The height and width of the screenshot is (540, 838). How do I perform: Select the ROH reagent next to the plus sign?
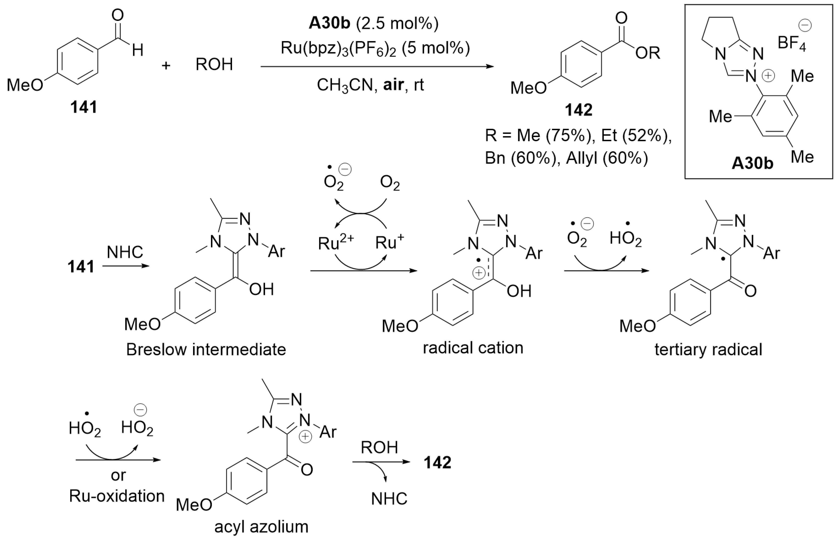tap(214, 64)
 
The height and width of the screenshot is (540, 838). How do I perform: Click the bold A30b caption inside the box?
tap(752, 163)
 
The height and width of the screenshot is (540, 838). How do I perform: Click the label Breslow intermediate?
tap(206, 350)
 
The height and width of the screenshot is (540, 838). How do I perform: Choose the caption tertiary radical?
tap(708, 350)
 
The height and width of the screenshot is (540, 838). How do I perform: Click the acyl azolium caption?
tap(261, 527)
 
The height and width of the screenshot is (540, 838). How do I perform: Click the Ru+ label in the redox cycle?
tap(389, 242)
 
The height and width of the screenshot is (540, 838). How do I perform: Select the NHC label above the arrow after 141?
tap(125, 252)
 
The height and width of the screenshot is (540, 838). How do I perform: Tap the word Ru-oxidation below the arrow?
tap(117, 496)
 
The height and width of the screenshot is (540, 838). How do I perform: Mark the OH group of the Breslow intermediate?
tap(261, 290)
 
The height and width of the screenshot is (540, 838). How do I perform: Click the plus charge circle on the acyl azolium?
tap(305, 437)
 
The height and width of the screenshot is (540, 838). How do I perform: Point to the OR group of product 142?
tap(648, 53)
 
